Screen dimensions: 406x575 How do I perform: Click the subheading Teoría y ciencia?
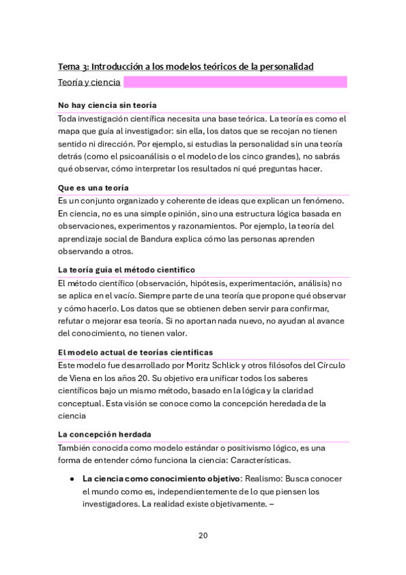pos(89,83)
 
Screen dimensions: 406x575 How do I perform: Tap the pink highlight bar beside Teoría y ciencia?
pos(235,83)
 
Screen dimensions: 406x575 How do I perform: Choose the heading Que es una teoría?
pos(94,187)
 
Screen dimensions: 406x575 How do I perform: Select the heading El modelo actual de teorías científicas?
pos(136,352)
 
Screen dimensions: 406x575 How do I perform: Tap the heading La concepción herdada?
pos(104,434)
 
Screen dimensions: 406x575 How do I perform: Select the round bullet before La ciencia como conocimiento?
pos(71,479)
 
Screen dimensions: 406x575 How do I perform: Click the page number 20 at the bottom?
pos(203,536)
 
